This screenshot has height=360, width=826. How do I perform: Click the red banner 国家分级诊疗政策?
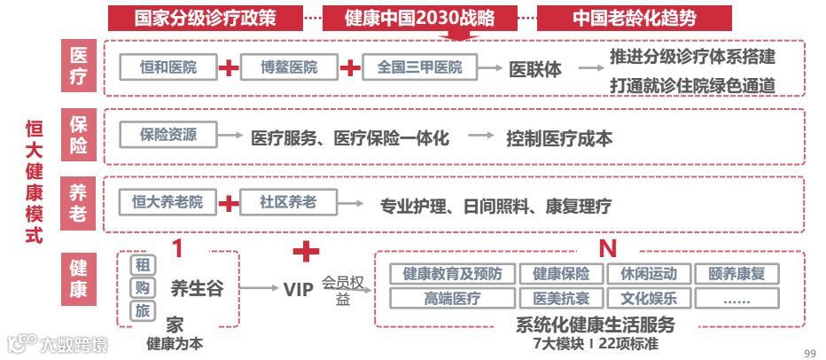205,19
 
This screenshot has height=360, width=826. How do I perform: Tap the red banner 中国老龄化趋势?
634,19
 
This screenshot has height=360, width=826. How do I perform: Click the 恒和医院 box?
168,67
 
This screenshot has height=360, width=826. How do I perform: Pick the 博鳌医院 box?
290,67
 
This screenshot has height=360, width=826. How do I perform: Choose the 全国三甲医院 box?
419,67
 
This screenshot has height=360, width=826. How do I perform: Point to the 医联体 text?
534,69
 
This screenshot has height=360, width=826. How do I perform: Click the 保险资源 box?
168,136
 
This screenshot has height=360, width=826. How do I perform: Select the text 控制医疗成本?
559,138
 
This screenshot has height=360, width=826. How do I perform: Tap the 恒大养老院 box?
168,203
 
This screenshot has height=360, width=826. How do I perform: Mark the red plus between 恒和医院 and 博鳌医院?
229,68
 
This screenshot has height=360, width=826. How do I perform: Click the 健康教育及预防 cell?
452,274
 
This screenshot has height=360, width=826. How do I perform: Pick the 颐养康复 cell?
736,274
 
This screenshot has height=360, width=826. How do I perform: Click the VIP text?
299,289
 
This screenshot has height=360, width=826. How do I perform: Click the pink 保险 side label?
78,136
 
